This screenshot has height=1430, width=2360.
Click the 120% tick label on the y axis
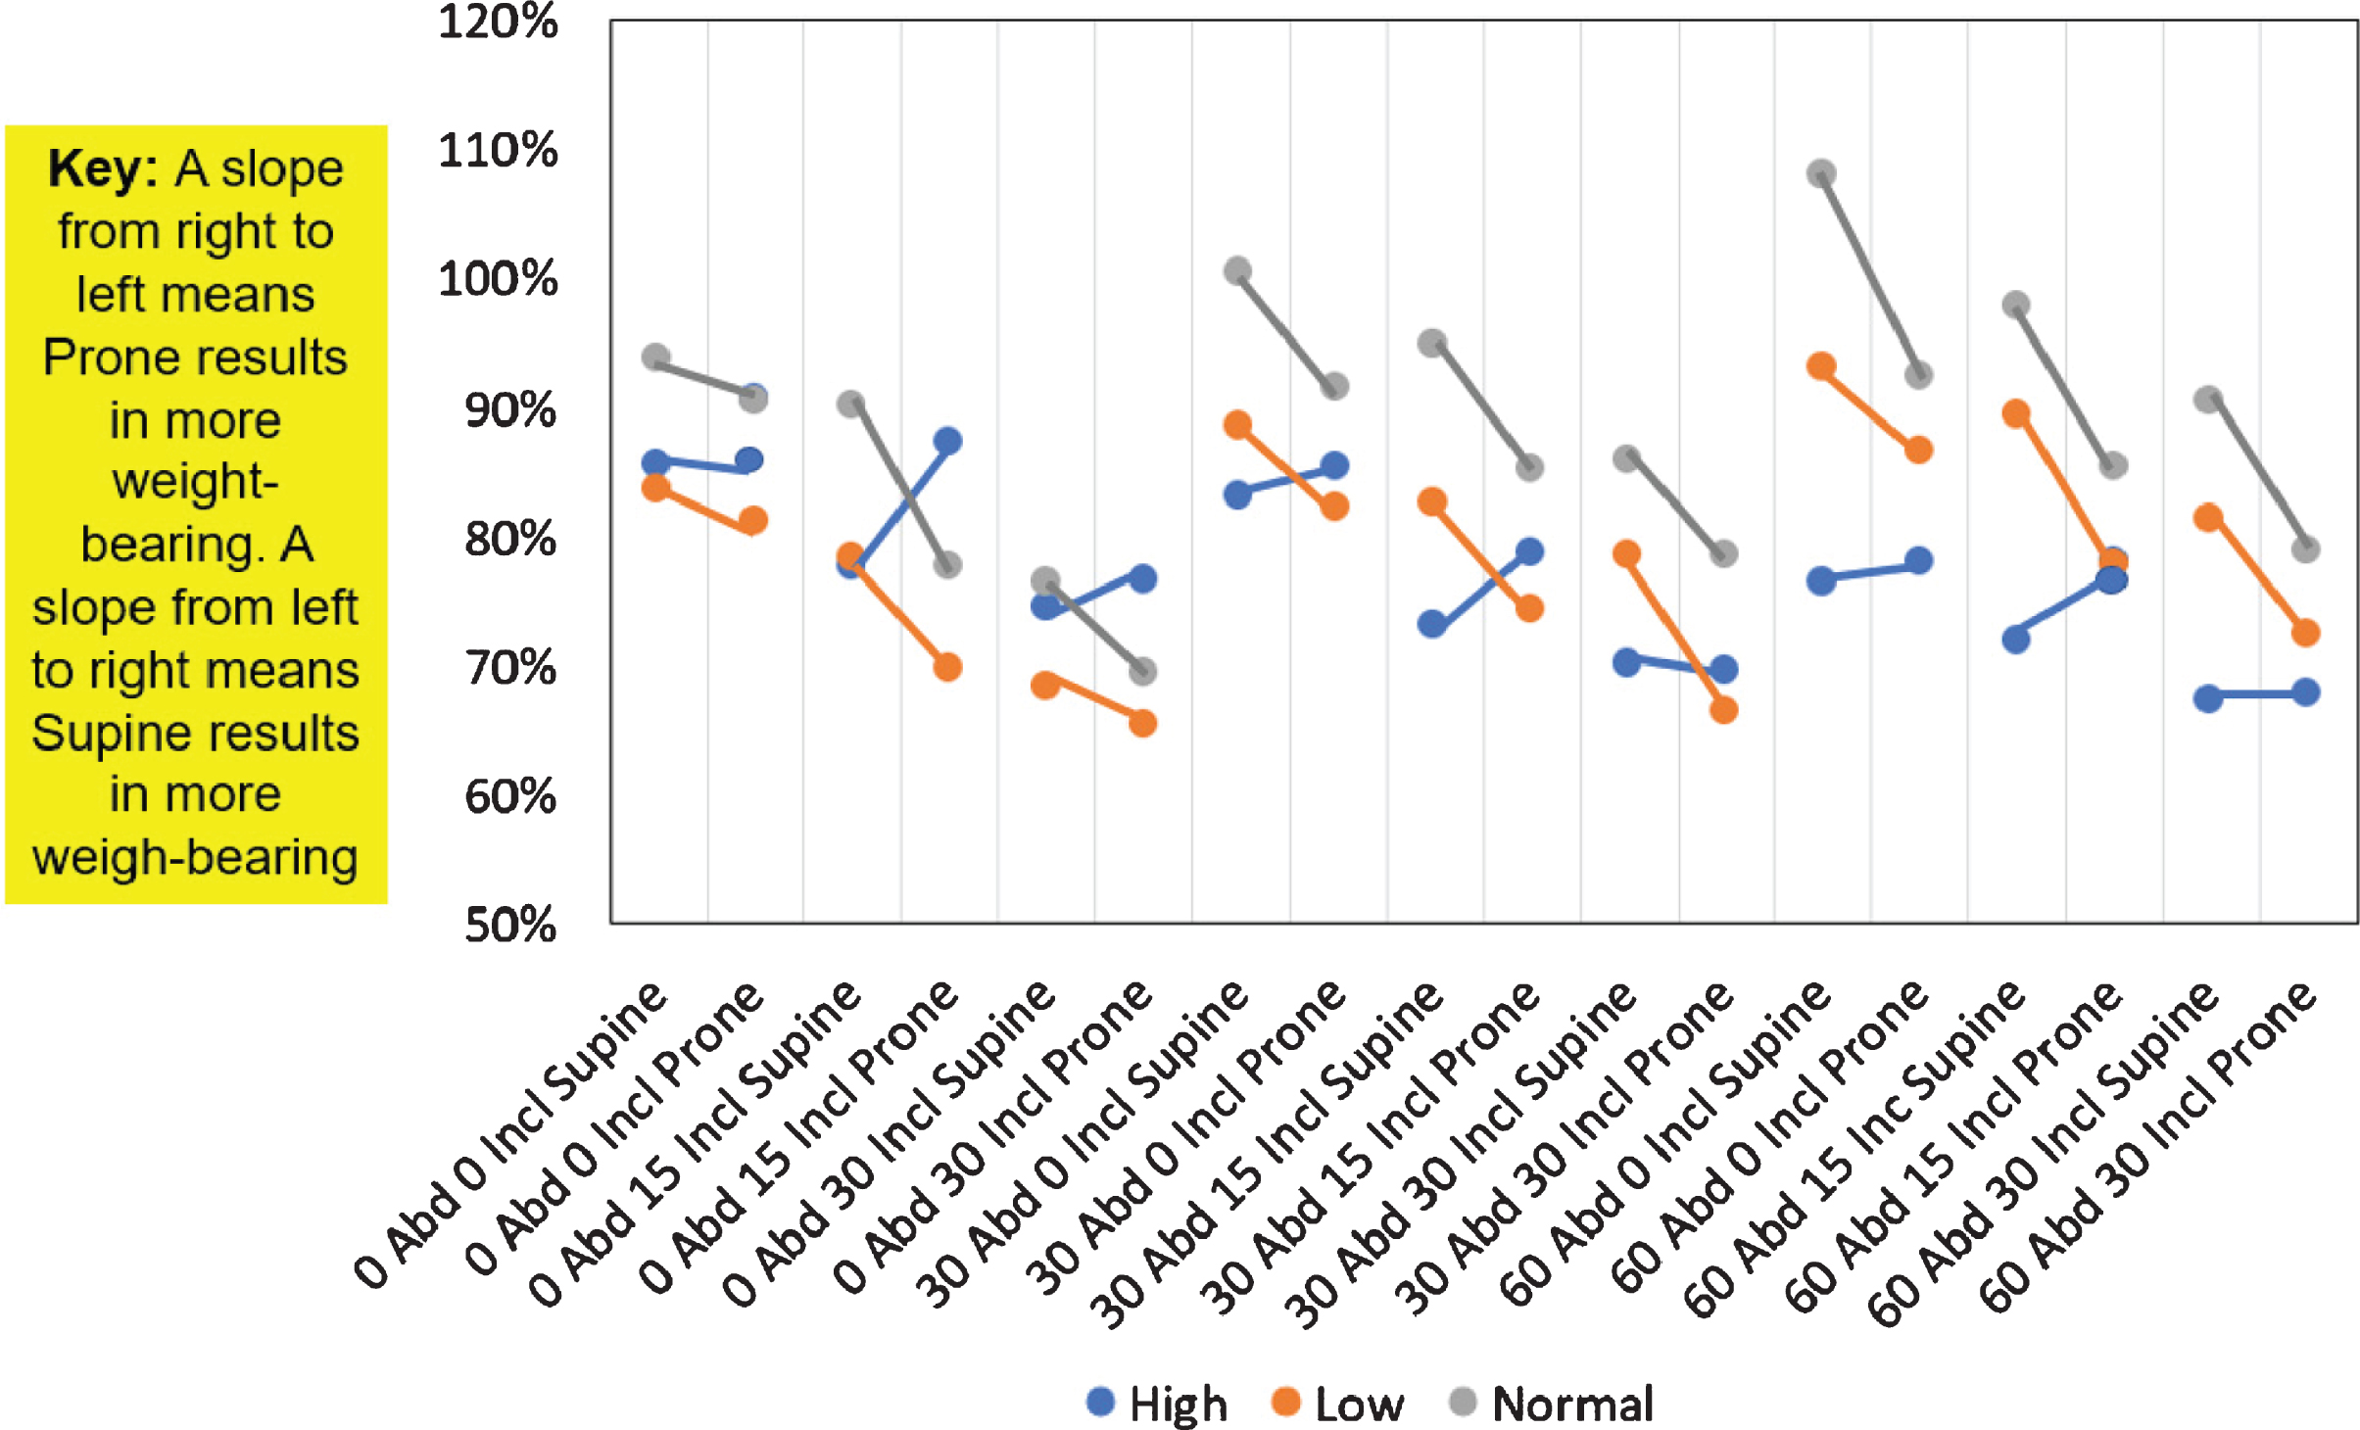tap(498, 22)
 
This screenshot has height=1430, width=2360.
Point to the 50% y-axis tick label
tap(510, 925)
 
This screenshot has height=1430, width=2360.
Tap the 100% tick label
tap(498, 279)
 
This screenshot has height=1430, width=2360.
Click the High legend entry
tap(1157, 1404)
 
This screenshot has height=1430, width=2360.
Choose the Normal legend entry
tap(1552, 1404)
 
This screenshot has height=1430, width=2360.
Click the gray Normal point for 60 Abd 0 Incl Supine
tap(1821, 174)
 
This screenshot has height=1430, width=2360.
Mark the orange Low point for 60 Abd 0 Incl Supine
tap(1821, 367)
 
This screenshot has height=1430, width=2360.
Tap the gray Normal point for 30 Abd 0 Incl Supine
tap(1238, 270)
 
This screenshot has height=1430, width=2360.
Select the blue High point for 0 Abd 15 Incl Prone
tap(947, 441)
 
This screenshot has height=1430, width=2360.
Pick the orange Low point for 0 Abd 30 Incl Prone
tap(1142, 724)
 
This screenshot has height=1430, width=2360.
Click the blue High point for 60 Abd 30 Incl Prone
tap(2306, 692)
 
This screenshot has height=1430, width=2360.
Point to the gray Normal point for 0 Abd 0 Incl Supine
tap(655, 357)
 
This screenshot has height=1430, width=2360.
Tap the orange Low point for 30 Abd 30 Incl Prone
tap(1723, 710)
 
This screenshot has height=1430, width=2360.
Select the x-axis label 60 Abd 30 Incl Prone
tap(2148, 1146)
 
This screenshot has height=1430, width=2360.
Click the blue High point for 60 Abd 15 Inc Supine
tap(2016, 640)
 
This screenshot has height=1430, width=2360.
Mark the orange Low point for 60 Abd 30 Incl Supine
tap(2208, 517)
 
